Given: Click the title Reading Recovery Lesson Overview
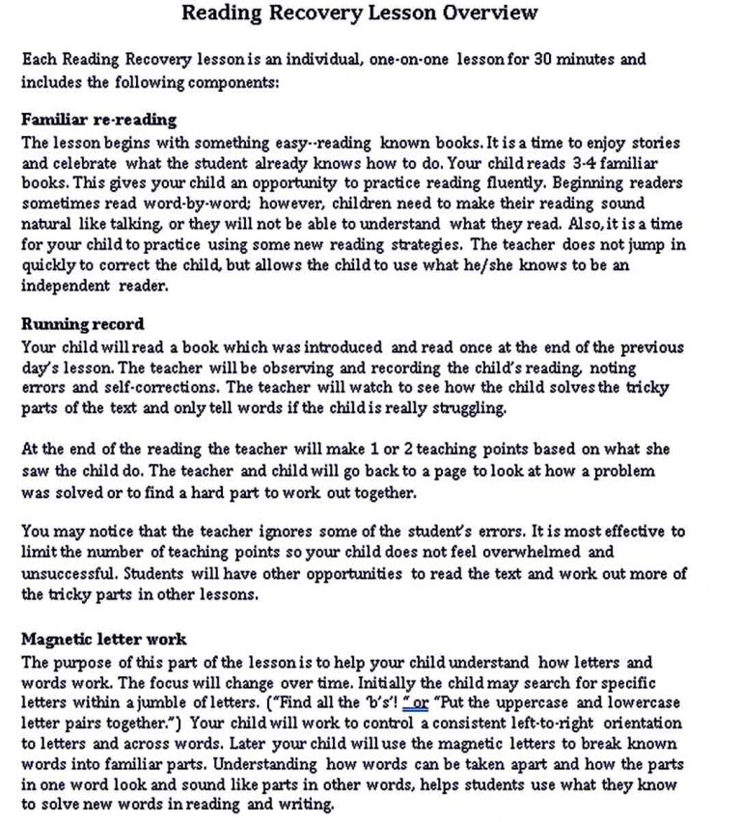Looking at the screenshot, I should coord(360,13).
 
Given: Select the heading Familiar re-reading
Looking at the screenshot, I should coord(98,120).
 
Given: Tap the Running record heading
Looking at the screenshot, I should coord(83,324).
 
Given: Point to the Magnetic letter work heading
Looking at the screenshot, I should coord(103,639).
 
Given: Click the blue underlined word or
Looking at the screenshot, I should coord(420,702).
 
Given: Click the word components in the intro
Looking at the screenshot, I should coord(227,82).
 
